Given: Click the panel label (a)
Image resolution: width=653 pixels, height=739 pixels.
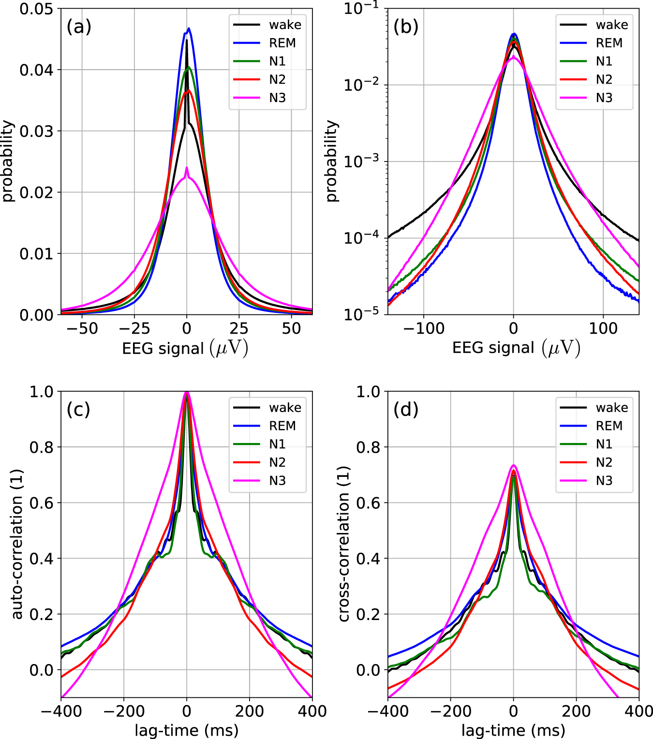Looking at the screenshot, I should coord(79,27).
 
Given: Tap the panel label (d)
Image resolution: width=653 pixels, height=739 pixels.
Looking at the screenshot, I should coord(405,410).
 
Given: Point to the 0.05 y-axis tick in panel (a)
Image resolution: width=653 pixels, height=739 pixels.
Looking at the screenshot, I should coord(36,9).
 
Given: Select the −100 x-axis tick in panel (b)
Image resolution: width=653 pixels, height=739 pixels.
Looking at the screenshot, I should coord(424,329).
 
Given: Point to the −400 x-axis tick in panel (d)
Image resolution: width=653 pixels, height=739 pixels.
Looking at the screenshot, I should coord(388,711).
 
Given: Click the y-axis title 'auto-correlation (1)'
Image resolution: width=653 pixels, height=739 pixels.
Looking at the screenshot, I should coord(17,544).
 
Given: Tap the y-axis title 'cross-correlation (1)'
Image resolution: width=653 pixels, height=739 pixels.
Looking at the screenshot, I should coord(344,544).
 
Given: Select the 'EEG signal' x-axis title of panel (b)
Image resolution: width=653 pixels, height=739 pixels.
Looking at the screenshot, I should coord(516,348).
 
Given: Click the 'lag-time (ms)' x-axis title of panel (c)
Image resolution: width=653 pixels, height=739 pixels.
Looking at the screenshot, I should coord(186,730).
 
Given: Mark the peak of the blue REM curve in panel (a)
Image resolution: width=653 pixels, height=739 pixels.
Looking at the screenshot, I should coord(189,29).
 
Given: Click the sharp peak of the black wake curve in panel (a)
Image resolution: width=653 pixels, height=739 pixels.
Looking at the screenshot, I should coord(187,40).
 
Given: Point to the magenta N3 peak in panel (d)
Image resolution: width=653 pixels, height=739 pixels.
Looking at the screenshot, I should coord(514,465).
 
